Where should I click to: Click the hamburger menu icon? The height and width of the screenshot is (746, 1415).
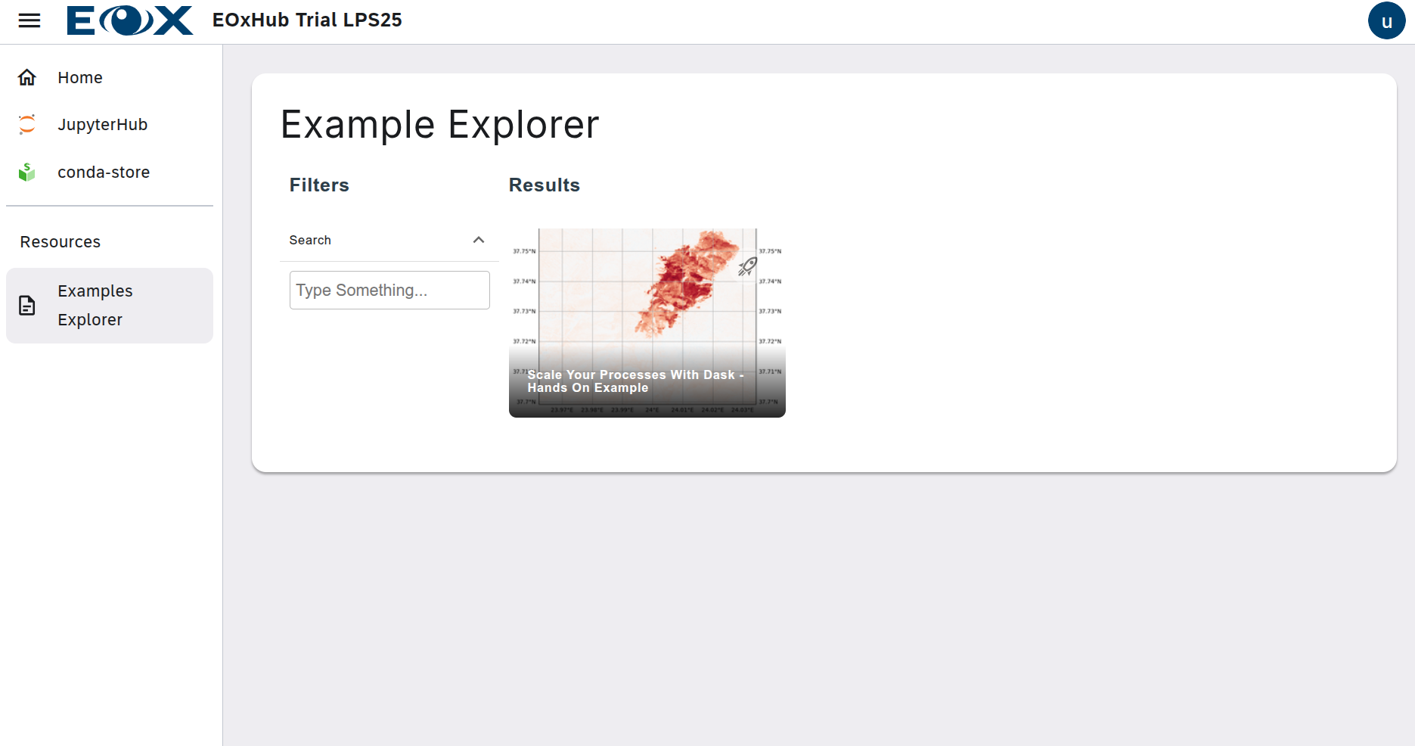click(29, 20)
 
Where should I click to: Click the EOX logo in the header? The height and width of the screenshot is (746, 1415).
click(129, 20)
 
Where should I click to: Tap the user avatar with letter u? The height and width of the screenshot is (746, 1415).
click(1386, 21)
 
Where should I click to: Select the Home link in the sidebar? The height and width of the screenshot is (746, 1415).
click(80, 78)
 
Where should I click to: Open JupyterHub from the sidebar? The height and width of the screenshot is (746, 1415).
click(102, 125)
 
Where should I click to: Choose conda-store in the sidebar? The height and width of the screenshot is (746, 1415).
click(104, 173)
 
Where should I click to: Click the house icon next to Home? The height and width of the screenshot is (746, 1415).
click(27, 78)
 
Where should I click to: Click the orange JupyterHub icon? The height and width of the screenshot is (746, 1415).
click(27, 124)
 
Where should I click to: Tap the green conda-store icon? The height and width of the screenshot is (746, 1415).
click(27, 173)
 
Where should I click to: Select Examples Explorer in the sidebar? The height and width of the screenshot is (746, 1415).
click(95, 306)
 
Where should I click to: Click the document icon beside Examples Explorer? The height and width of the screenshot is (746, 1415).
click(27, 306)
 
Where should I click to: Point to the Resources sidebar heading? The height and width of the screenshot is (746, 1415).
click(61, 242)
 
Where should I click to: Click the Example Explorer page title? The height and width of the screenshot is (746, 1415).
click(439, 125)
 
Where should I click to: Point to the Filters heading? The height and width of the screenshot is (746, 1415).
click(319, 185)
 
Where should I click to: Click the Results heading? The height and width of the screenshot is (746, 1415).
click(544, 185)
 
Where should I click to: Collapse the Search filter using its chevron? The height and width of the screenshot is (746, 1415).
click(479, 240)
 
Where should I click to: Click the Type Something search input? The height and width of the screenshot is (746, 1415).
click(389, 291)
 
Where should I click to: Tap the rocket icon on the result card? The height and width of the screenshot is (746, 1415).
click(747, 266)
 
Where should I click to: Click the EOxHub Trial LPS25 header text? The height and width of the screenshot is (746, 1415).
click(307, 20)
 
